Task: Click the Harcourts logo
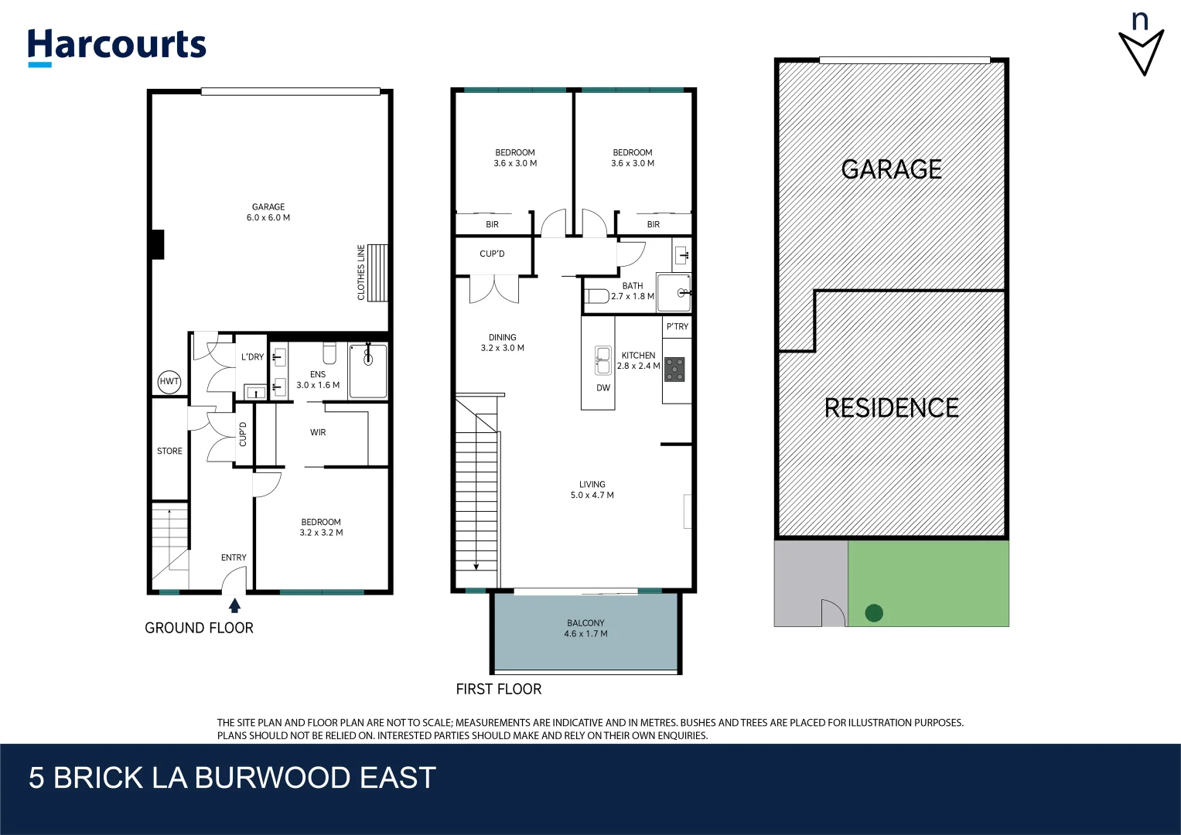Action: (117, 46)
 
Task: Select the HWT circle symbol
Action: (169, 381)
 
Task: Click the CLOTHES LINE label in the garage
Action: (361, 272)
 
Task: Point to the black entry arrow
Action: (234, 605)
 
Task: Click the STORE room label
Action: (169, 451)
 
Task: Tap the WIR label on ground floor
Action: (318, 432)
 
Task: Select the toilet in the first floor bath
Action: (597, 295)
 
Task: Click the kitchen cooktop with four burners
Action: (675, 370)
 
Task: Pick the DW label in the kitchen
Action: (603, 388)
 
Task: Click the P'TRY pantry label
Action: (677, 326)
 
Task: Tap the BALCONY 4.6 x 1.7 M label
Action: (585, 629)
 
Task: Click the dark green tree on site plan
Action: (874, 613)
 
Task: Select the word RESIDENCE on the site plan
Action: (891, 408)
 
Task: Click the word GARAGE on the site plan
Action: (891, 169)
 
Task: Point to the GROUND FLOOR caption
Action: (199, 628)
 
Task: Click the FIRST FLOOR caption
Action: (498, 689)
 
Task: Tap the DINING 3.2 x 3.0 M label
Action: (502, 343)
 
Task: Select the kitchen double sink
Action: (602, 360)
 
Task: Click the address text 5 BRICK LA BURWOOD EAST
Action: (232, 778)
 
